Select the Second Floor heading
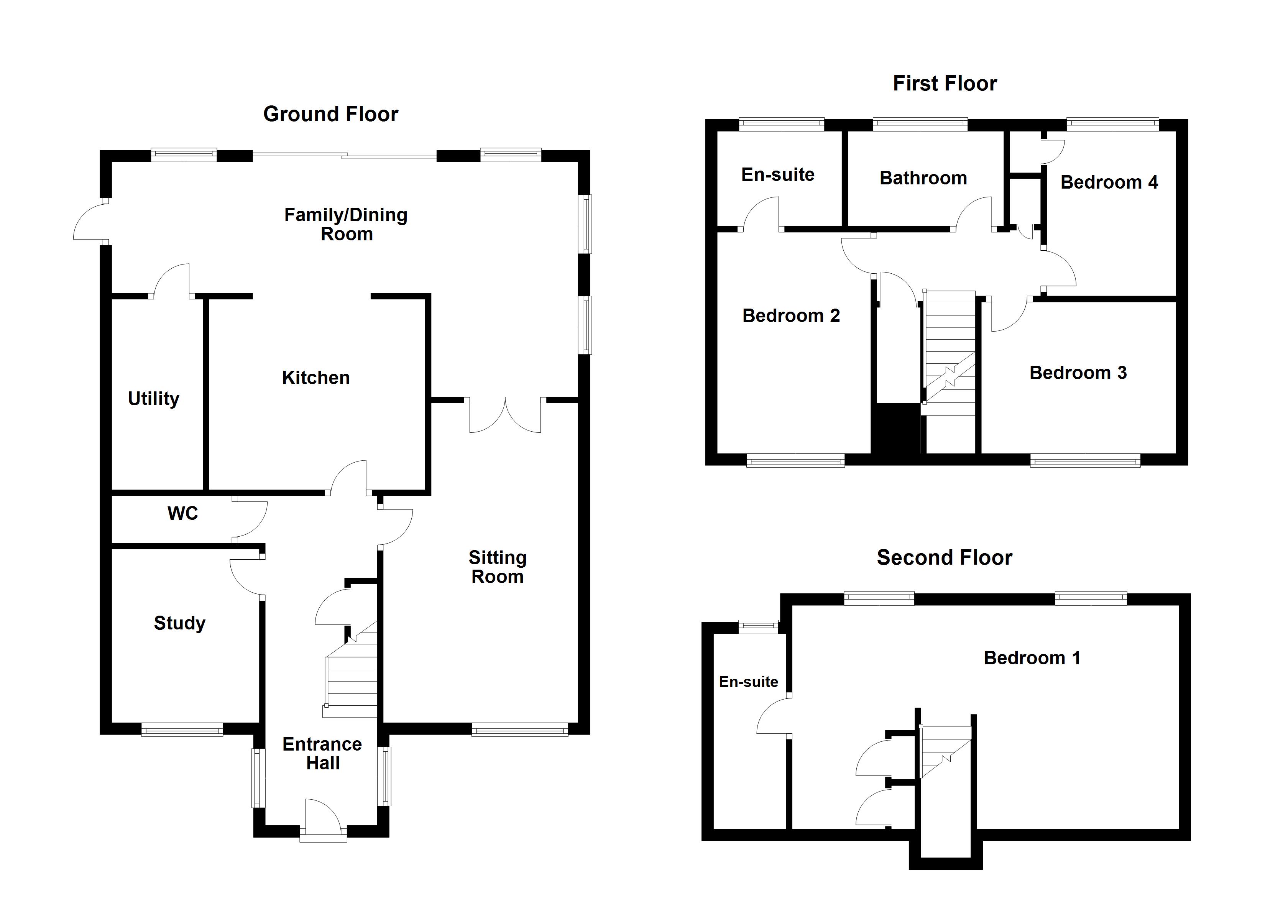point(944,557)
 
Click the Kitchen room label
point(316,378)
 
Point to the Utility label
point(153,398)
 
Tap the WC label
point(182,513)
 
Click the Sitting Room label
point(497,567)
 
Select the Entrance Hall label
point(322,753)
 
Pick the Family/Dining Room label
point(346,224)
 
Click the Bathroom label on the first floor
point(923,178)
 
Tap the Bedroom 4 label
point(1109,182)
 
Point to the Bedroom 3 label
point(1078,373)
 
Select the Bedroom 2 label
point(791,316)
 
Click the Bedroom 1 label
point(1032,658)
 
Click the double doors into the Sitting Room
point(505,416)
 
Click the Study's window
point(182,729)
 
